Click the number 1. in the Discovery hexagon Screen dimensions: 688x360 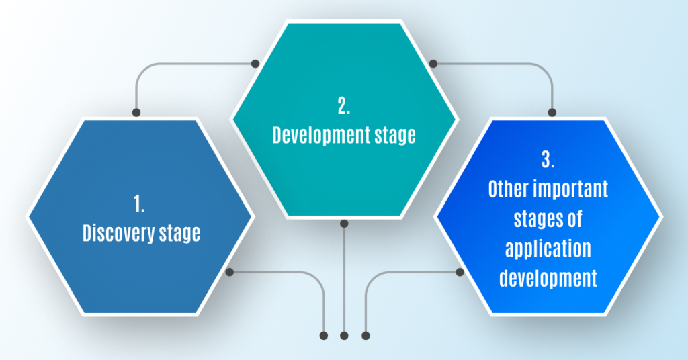pyautogui.click(x=139, y=204)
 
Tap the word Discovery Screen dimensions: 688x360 pyautogui.click(x=118, y=233)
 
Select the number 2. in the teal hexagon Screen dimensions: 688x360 pyautogui.click(x=344, y=105)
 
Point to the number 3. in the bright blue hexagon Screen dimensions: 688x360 pyautogui.click(x=548, y=160)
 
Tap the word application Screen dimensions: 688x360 pyautogui.click(x=548, y=249)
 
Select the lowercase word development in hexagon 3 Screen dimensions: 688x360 pyautogui.click(x=548, y=278)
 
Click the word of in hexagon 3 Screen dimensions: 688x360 pyautogui.click(x=575, y=218)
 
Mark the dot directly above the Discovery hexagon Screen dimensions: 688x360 pyautogui.click(x=136, y=113)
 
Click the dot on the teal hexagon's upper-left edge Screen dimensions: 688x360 pyautogui.click(x=255, y=64)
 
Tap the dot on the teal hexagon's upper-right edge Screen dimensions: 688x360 pyautogui.click(x=433, y=64)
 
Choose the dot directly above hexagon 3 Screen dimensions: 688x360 pyautogui.click(x=552, y=113)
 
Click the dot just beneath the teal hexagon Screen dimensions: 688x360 pyautogui.click(x=344, y=224)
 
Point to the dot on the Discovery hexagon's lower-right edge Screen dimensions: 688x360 pyautogui.click(x=229, y=272)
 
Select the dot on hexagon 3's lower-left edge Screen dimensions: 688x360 pyautogui.click(x=460, y=272)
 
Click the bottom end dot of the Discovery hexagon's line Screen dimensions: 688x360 pyautogui.click(x=323, y=336)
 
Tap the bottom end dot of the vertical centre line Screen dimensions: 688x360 pyautogui.click(x=344, y=336)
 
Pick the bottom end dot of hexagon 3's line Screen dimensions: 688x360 pyautogui.click(x=365, y=336)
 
